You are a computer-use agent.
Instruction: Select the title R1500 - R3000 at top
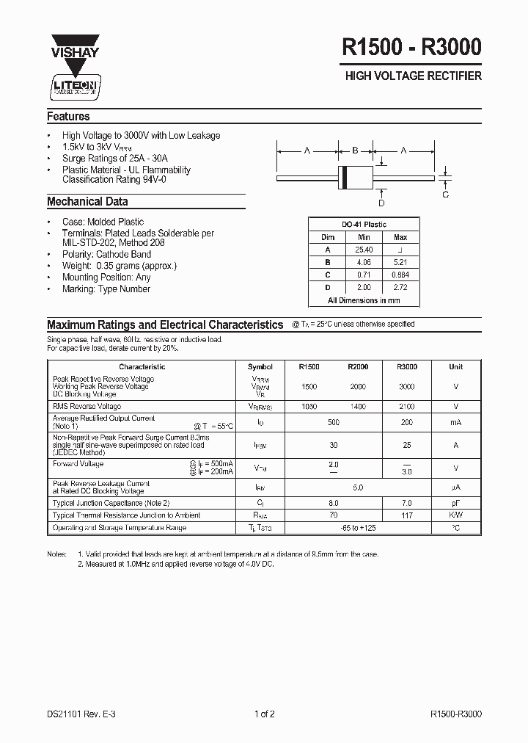coord(411,48)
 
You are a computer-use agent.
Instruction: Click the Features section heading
coord(68,117)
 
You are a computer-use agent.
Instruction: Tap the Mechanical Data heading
coord(87,202)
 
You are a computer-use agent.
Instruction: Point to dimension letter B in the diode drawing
coord(355,151)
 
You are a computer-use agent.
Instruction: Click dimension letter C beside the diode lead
coord(445,195)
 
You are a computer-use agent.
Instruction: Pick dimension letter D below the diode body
coord(381,203)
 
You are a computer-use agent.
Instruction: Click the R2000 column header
coord(358,366)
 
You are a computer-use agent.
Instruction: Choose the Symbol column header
coord(260,366)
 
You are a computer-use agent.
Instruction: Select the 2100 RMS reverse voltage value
coord(406,406)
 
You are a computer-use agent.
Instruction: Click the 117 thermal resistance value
coord(406,515)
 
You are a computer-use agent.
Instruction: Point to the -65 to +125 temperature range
coord(358,528)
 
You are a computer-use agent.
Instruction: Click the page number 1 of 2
coord(264,713)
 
